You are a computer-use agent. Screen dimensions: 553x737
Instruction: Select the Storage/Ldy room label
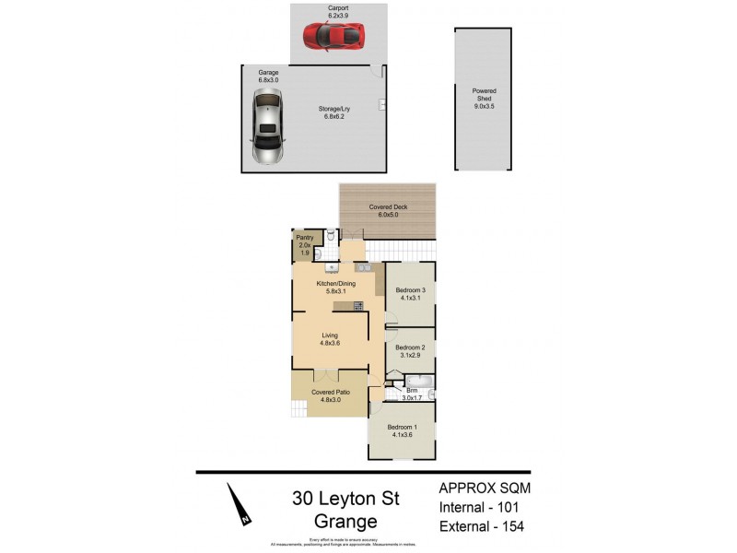pos(336,108)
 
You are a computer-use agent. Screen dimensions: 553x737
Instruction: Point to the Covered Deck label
pos(388,207)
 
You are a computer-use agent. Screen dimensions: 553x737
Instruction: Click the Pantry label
pos(304,238)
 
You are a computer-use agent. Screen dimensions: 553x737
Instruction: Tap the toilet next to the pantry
pos(317,253)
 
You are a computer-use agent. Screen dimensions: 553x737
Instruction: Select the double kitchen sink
pos(364,268)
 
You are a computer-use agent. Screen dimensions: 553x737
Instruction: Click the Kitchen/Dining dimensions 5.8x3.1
pos(330,291)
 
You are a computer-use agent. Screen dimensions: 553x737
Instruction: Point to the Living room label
pos(330,335)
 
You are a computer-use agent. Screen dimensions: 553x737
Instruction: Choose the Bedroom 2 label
pos(410,347)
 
